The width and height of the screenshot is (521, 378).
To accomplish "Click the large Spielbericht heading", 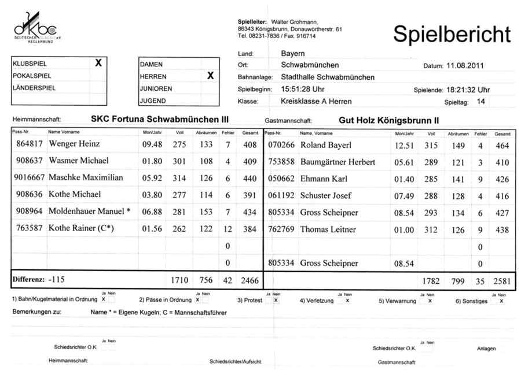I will point(452,34).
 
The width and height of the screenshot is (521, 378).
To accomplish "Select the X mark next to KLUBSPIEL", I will point(98,63).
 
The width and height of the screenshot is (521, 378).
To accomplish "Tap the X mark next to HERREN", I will point(210,76).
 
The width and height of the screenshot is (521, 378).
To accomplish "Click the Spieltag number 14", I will point(480,101).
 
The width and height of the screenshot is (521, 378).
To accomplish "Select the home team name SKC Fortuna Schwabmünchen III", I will point(156,119).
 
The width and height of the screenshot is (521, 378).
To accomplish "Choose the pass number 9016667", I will point(29,177).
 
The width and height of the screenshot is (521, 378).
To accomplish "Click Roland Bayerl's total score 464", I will point(502,145).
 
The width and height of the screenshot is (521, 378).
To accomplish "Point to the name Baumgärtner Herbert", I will point(337,162).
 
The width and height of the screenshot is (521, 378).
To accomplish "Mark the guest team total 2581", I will point(502,281).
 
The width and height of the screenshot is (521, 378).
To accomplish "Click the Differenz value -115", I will point(57,280).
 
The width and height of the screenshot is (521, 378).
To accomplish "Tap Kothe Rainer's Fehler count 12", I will point(228,229).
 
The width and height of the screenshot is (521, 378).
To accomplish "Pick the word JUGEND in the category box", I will point(153,101).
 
